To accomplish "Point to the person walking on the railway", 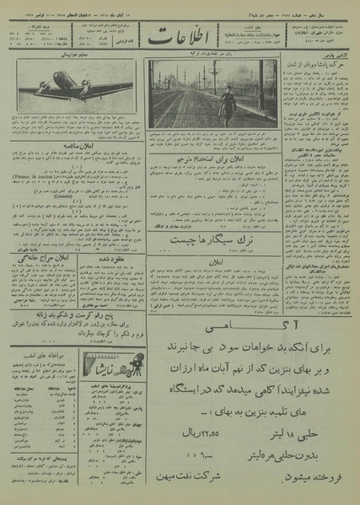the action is (225, 105).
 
